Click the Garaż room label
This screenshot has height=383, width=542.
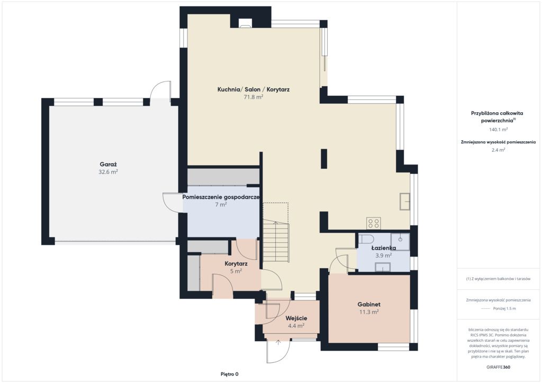(108, 165)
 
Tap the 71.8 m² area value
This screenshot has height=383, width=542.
(254, 97)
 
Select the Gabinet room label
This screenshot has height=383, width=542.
(369, 304)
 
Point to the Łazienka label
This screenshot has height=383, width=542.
(384, 248)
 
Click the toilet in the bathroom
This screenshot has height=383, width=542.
(366, 239)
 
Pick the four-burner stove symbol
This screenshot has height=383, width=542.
(374, 223)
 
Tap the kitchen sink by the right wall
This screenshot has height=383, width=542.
(405, 202)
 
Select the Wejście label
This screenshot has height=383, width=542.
(296, 318)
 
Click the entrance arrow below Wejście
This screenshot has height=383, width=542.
(278, 342)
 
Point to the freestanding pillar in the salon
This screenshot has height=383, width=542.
(324, 159)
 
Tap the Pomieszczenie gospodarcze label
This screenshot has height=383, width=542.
(221, 197)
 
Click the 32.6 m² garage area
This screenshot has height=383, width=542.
(108, 172)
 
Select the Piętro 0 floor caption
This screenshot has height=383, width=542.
(230, 374)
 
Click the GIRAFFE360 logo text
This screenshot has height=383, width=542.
(498, 367)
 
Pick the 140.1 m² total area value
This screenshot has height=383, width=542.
(498, 130)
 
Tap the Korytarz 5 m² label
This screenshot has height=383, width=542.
(236, 267)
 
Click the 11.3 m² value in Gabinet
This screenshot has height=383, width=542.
(369, 312)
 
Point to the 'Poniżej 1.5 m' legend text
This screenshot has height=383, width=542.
(504, 308)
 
